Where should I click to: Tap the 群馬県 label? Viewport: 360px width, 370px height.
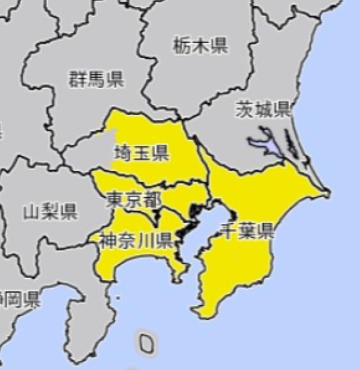96,79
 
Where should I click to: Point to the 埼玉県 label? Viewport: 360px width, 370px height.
141,153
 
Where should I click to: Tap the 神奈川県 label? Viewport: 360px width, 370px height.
136,242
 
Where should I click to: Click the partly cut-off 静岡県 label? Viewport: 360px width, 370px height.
20,299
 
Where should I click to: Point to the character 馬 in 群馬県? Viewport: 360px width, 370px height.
96,79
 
